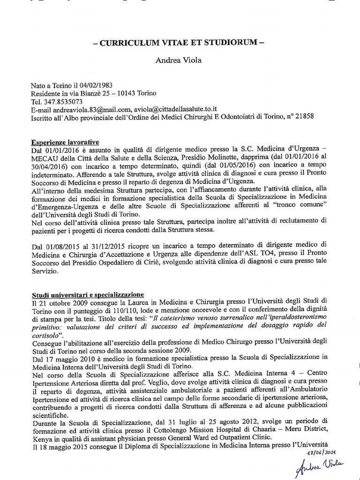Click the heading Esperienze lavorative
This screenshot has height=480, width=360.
[x=65, y=142]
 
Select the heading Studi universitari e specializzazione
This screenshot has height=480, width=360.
[x=88, y=295]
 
